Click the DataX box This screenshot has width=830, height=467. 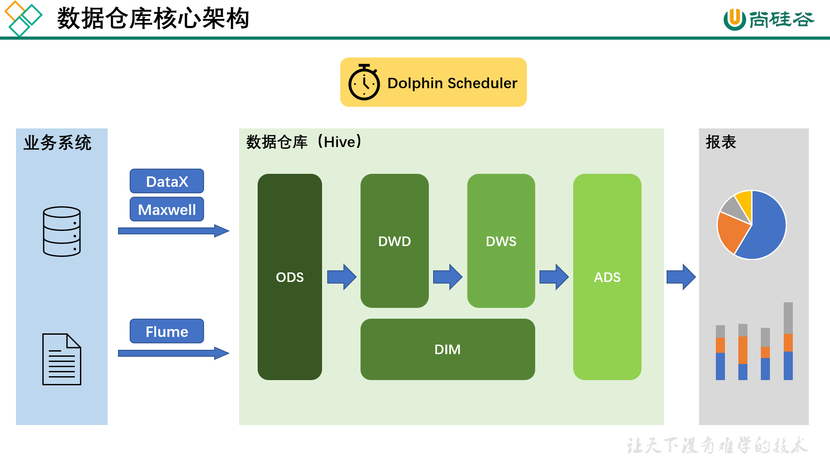pyautogui.click(x=167, y=181)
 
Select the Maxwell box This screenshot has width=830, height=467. pyautogui.click(x=167, y=209)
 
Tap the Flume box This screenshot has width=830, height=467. pyautogui.click(x=167, y=331)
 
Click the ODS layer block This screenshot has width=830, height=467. pyautogui.click(x=290, y=277)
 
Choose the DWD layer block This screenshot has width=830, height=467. pyautogui.click(x=394, y=241)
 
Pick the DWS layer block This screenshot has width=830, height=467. pyautogui.click(x=501, y=241)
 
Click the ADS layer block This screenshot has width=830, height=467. pyautogui.click(x=607, y=277)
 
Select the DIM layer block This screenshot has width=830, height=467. pyautogui.click(x=447, y=349)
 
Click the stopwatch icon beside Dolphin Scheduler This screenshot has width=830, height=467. pyautogui.click(x=364, y=83)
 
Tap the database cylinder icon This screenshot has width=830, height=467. pyautogui.click(x=62, y=231)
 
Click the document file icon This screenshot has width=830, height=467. pyautogui.click(x=62, y=359)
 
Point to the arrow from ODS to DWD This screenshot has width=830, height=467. pyautogui.click(x=342, y=277)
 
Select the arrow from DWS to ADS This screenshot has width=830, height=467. pyautogui.click(x=554, y=277)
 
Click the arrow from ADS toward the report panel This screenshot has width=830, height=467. pyautogui.click(x=681, y=277)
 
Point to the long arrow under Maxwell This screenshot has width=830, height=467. pyautogui.click(x=173, y=231)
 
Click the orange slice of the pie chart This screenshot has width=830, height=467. pyautogui.click(x=731, y=231)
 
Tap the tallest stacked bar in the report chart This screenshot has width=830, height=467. pyautogui.click(x=788, y=342)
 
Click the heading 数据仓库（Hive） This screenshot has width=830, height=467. pyautogui.click(x=304, y=142)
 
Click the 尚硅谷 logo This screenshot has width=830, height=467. pyautogui.click(x=769, y=19)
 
